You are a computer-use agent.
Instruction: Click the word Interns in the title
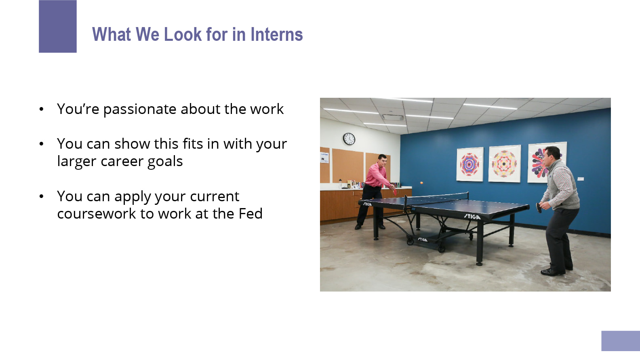pos(277,34)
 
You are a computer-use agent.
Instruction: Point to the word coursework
pos(96,213)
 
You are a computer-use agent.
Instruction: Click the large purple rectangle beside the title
pos(58,26)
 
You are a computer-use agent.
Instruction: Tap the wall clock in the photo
pos(349,139)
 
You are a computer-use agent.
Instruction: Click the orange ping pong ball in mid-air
pos(421,183)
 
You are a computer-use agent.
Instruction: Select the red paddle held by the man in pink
pos(395,192)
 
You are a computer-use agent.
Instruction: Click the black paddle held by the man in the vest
pos(539,208)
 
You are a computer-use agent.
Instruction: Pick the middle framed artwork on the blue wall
pos(505,164)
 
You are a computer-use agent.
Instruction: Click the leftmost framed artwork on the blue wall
pos(470,164)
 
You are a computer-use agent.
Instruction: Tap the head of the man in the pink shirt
pos(382,160)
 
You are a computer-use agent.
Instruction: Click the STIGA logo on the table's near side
pos(472,217)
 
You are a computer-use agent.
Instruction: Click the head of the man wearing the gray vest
pos(551,157)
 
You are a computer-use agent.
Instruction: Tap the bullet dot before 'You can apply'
pos(42,197)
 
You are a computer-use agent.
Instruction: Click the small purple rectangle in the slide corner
pos(621,341)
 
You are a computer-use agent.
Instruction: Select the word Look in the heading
pos(183,34)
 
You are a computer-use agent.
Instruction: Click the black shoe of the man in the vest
pos(552,272)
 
